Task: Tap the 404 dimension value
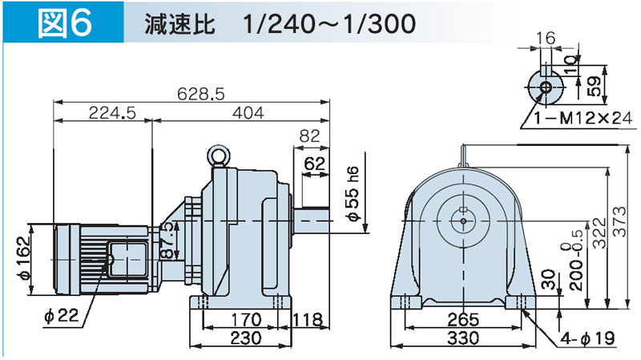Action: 248,114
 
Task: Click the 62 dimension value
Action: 315,165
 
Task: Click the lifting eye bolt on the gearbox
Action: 219,154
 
